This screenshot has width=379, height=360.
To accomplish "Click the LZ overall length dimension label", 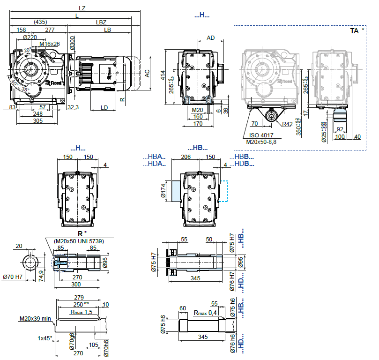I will click(82, 8).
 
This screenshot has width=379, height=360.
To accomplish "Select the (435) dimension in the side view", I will click(40, 22).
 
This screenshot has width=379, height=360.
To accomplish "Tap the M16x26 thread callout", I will click(50, 44).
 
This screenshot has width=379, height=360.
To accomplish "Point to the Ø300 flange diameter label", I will click(72, 44).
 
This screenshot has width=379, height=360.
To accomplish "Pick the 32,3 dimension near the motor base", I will click(72, 107).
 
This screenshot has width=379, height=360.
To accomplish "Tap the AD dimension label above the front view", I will click(211, 37).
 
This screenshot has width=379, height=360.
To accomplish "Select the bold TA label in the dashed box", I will click(355, 31).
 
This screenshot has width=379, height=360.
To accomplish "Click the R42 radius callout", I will click(288, 124).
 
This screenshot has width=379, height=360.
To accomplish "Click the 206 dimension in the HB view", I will click(186, 157).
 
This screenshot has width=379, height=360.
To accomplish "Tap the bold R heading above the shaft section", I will click(80, 233).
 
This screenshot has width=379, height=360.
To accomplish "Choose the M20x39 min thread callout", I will click(35, 319).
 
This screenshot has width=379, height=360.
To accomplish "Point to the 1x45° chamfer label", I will click(45, 338).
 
